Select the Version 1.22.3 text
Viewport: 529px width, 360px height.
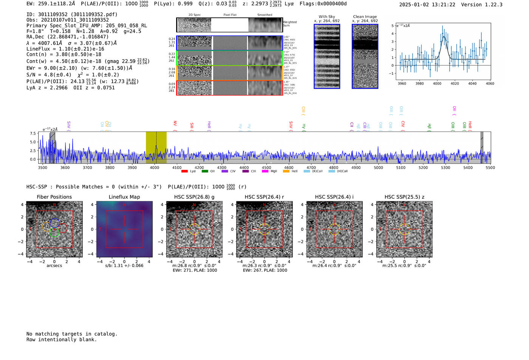pyautogui.click(x=482, y=5)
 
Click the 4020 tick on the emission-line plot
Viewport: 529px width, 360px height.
pyautogui.click(x=455, y=83)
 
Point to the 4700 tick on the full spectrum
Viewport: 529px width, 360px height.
pyautogui.click(x=311, y=168)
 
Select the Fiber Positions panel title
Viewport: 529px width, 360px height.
pyautogui.click(x=54, y=197)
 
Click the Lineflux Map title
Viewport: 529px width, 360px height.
pyautogui.click(x=124, y=197)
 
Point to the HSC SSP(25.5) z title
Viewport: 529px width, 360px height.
pyautogui.click(x=404, y=197)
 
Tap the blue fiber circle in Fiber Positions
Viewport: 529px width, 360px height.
pyautogui.click(x=55, y=223)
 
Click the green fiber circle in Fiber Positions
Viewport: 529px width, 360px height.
pyautogui.click(x=54, y=232)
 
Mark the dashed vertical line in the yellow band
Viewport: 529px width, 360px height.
pyautogui.click(x=156, y=147)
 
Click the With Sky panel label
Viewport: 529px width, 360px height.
pyautogui.click(x=326, y=17)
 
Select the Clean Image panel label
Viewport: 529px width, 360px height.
pyautogui.click(x=365, y=17)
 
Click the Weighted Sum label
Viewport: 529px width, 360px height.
pyautogui.click(x=289, y=23)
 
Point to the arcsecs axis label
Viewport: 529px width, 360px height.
pyautogui.click(x=54, y=266)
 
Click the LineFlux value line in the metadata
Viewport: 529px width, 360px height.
pyautogui.click(x=65, y=49)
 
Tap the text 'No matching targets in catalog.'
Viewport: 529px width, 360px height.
pyautogui.click(x=72, y=334)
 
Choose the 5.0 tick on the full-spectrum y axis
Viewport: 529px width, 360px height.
pyautogui.click(x=33, y=142)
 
